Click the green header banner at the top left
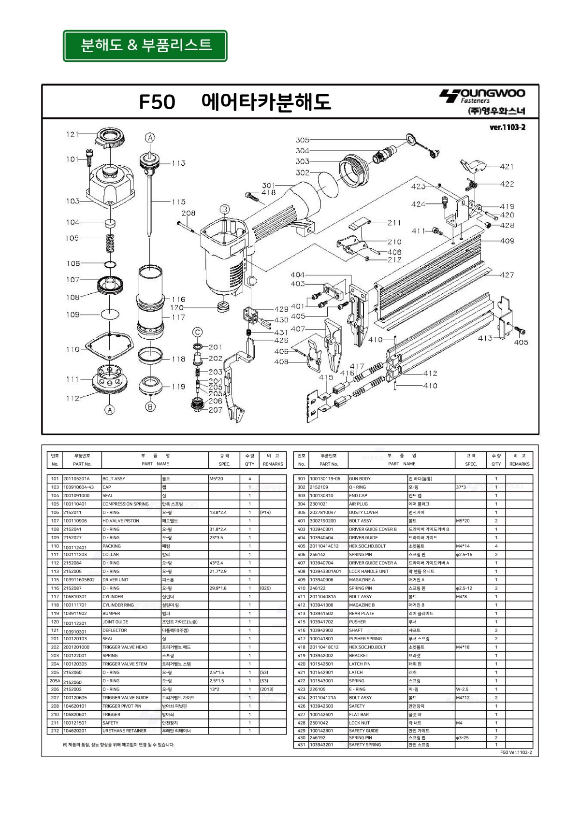[x=145, y=45]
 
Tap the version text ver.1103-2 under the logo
[x=507, y=128]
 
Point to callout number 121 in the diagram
[x=72, y=134]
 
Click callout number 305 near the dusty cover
[x=303, y=140]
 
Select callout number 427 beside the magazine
[x=507, y=275]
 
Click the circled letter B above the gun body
[x=225, y=209]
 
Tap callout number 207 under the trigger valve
[x=215, y=410]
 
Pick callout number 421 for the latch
[x=507, y=167]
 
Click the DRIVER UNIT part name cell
[x=116, y=580]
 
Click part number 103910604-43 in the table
[x=79, y=487]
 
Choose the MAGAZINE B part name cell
[x=362, y=605]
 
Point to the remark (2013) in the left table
[x=267, y=690]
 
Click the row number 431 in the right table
[x=302, y=745]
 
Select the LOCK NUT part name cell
[x=359, y=723]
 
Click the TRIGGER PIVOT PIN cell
[x=122, y=706]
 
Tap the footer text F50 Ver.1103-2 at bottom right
[x=516, y=752]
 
